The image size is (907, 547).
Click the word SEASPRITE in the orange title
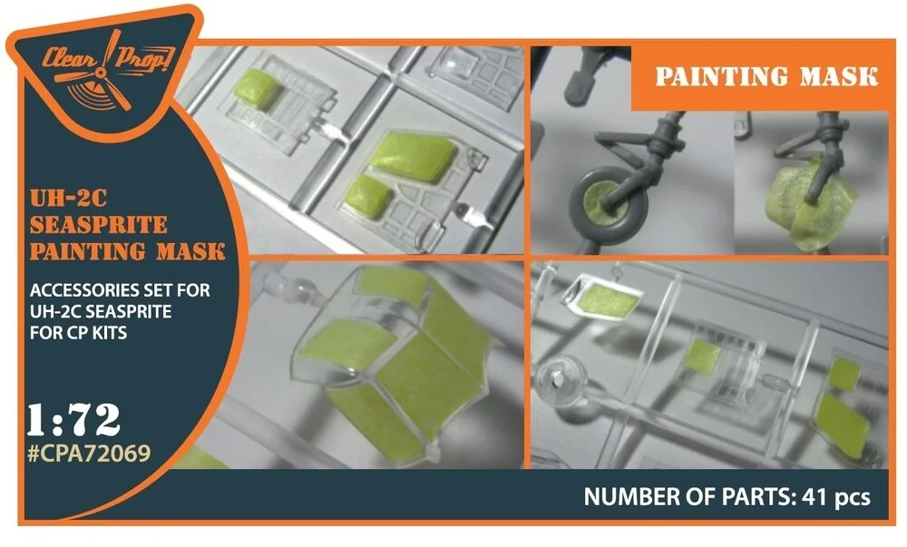click(x=99, y=225)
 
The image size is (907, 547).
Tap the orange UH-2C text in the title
click(x=68, y=199)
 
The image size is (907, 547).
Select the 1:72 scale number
click(x=73, y=420)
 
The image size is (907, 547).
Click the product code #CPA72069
click(x=89, y=454)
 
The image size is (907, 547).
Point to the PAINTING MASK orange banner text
click(x=766, y=76)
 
